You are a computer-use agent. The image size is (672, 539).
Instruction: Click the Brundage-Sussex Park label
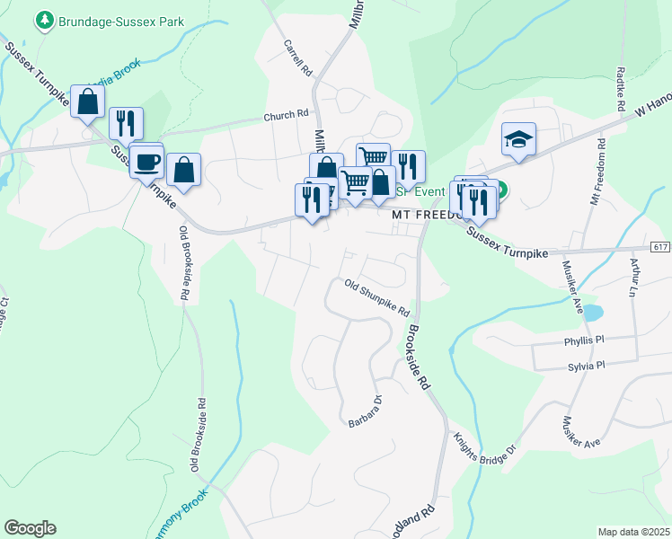click(111, 19)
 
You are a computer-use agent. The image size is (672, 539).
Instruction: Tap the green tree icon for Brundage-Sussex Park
click(42, 19)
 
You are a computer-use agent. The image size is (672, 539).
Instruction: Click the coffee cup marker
click(146, 162)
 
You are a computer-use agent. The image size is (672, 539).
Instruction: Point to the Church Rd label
click(286, 116)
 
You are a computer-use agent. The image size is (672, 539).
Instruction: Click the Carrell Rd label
click(297, 57)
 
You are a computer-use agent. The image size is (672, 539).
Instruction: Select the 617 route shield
click(659, 247)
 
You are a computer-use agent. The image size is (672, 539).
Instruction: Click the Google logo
click(30, 528)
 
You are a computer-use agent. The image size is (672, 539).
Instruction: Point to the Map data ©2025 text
click(633, 532)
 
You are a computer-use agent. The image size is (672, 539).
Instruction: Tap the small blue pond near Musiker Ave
click(593, 313)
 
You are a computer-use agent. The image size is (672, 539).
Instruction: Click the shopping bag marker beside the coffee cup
click(183, 170)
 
